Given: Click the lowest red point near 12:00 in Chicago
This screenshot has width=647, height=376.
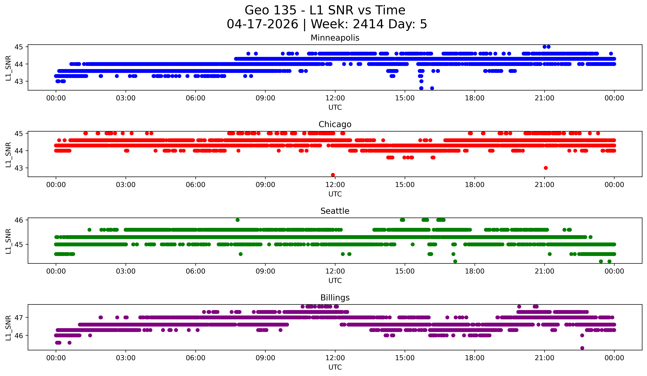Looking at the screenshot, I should click(x=333, y=175).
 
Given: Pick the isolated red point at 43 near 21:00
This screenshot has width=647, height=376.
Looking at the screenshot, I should click(x=546, y=168).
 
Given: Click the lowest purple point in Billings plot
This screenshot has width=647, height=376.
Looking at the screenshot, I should click(x=582, y=348).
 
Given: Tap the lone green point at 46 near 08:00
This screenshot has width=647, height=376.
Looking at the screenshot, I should click(x=238, y=220).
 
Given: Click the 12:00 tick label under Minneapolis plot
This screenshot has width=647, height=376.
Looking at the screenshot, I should click(x=335, y=98).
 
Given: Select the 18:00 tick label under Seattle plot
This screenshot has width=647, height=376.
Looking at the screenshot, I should click(x=475, y=271).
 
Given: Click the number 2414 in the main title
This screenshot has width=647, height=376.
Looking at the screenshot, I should click(x=368, y=24).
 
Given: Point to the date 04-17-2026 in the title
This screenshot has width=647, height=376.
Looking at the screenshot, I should click(x=262, y=24).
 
